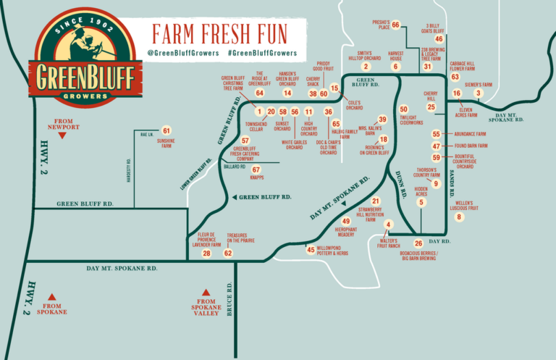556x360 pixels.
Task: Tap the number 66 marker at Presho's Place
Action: [x=395, y=25]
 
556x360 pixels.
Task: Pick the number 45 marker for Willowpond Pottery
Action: [x=311, y=249]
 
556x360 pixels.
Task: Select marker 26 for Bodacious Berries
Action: [x=418, y=243]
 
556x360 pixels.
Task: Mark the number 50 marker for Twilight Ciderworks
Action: [x=403, y=109]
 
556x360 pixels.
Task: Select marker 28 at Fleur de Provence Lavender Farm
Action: [x=206, y=253]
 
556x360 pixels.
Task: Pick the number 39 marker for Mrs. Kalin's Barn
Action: [x=382, y=120]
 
